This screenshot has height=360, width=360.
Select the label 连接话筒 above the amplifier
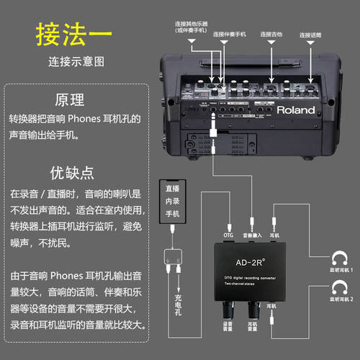[x=310, y=33]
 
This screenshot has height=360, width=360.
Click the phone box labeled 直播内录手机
[x=172, y=202]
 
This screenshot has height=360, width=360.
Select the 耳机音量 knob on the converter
[x=253, y=310]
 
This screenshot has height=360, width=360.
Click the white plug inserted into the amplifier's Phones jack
[x=214, y=131]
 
